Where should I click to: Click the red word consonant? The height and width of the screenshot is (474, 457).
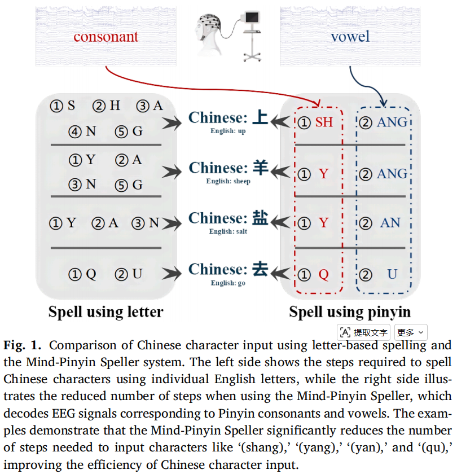pos(106,37)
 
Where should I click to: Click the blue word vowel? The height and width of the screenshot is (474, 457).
pos(350,36)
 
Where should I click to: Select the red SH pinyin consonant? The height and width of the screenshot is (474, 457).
pos(324,122)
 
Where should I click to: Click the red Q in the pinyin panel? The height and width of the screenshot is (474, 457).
pos(323,274)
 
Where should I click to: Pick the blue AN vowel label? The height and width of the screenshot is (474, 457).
pos(390,223)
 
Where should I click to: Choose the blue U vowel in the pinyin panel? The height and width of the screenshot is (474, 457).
pos(392,274)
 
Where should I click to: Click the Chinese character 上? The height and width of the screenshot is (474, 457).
pos(260,117)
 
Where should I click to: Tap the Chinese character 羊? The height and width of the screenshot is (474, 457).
pos(260,168)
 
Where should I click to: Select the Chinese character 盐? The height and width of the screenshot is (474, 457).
pos(260,218)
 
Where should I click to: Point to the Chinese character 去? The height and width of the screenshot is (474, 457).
pos(260,269)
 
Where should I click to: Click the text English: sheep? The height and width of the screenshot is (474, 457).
pos(228,181)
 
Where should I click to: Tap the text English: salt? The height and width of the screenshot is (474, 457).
pos(228,231)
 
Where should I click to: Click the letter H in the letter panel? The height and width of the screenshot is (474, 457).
pos(115,106)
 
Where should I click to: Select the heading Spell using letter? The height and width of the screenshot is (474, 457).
pos(106,311)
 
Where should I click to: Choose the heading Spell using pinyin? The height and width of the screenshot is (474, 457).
pos(350,312)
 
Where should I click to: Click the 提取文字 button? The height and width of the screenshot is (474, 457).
pos(363,332)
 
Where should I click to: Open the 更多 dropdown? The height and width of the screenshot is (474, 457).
pos(411,332)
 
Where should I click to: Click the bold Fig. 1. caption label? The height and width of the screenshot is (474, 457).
pos(23,345)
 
